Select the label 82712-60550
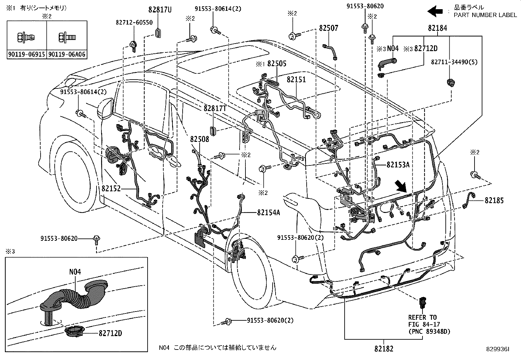(134, 22)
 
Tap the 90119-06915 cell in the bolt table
(27, 54)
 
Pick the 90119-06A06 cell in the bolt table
(67, 54)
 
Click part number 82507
(329, 28)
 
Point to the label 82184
(437, 28)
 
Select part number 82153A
(398, 165)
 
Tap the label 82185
(494, 200)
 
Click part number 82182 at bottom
(384, 349)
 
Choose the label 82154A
(268, 213)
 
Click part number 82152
(111, 189)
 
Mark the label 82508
(199, 139)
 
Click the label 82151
(296, 80)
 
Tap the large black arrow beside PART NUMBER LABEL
(434, 12)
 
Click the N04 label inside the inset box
(75, 272)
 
